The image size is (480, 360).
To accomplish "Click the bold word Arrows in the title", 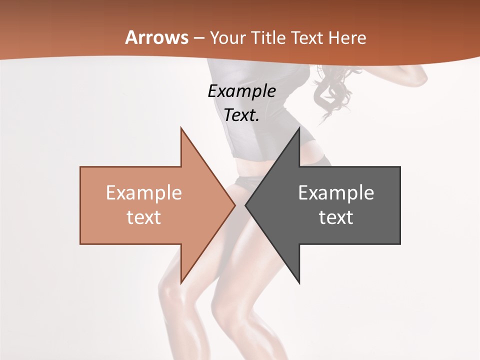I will (x=157, y=37).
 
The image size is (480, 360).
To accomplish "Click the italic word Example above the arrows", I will (x=242, y=91).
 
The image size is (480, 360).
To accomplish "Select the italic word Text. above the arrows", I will (x=242, y=115).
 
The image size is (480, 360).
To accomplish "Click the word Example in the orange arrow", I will (x=144, y=193).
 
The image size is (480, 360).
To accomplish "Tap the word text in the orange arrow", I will (x=144, y=217).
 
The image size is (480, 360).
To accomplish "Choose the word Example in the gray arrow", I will (x=336, y=193).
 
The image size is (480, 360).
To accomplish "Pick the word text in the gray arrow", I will (x=336, y=217).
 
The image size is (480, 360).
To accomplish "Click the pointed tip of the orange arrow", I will (x=235, y=205).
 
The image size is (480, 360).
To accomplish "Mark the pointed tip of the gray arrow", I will (x=245, y=205).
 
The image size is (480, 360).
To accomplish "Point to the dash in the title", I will (x=198, y=38).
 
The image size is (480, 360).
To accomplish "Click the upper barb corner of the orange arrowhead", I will (x=181, y=128).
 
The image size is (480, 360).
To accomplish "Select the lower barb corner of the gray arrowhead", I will (x=299, y=283).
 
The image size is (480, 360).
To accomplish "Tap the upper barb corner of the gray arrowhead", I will (x=299, y=128).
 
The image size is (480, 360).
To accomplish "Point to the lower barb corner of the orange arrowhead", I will (x=181, y=283).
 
